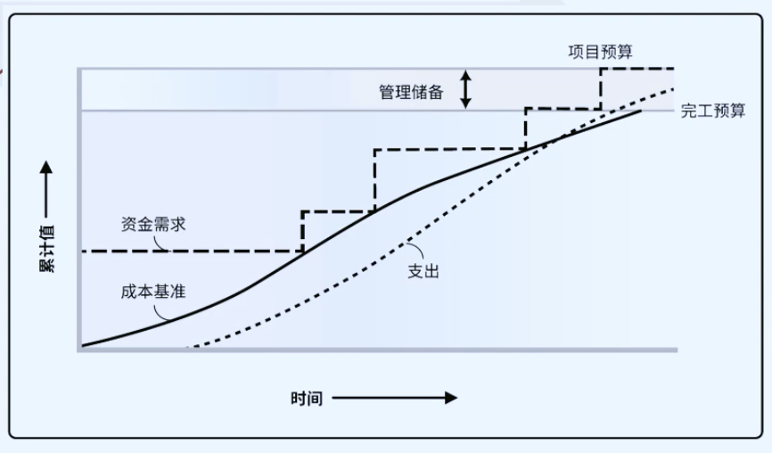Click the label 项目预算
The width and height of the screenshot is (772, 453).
(x=600, y=52)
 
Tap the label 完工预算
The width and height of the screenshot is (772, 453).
(x=713, y=111)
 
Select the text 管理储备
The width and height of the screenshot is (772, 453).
(x=411, y=92)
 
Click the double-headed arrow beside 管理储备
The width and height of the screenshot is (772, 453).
(x=465, y=89)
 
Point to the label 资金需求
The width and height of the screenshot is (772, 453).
(x=153, y=224)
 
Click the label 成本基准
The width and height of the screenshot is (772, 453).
(x=153, y=292)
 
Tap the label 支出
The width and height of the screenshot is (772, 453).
(x=423, y=271)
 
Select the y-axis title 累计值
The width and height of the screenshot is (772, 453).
(x=46, y=249)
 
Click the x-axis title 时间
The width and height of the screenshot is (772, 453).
(x=307, y=399)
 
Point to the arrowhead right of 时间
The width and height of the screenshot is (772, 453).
(x=451, y=398)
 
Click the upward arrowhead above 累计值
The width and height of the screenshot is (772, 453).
(x=46, y=167)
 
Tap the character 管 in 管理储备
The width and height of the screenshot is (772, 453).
(x=387, y=92)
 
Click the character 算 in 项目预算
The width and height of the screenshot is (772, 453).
(x=625, y=52)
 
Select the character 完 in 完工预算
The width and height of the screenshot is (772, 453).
(x=689, y=111)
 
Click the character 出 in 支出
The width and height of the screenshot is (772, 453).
(x=431, y=271)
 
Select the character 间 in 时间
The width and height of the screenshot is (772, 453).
(x=315, y=399)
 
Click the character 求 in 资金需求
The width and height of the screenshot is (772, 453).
(x=178, y=224)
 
